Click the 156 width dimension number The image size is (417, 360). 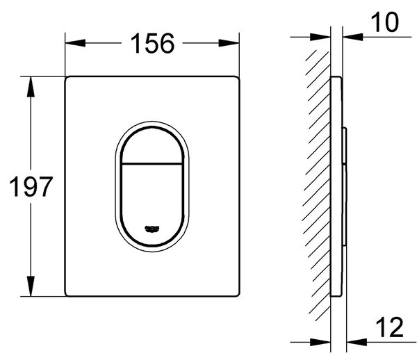tap(152, 43)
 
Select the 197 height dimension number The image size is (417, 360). tap(31, 187)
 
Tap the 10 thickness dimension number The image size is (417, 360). tap(384, 22)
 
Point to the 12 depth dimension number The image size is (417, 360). tap(390, 327)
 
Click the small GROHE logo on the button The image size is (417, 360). tap(152, 229)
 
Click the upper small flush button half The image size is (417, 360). tap(152, 146)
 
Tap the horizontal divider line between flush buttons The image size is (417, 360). tap(152, 163)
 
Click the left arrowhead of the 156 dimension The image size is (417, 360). tap(75, 43)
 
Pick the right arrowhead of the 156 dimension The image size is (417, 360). tap(229, 43)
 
